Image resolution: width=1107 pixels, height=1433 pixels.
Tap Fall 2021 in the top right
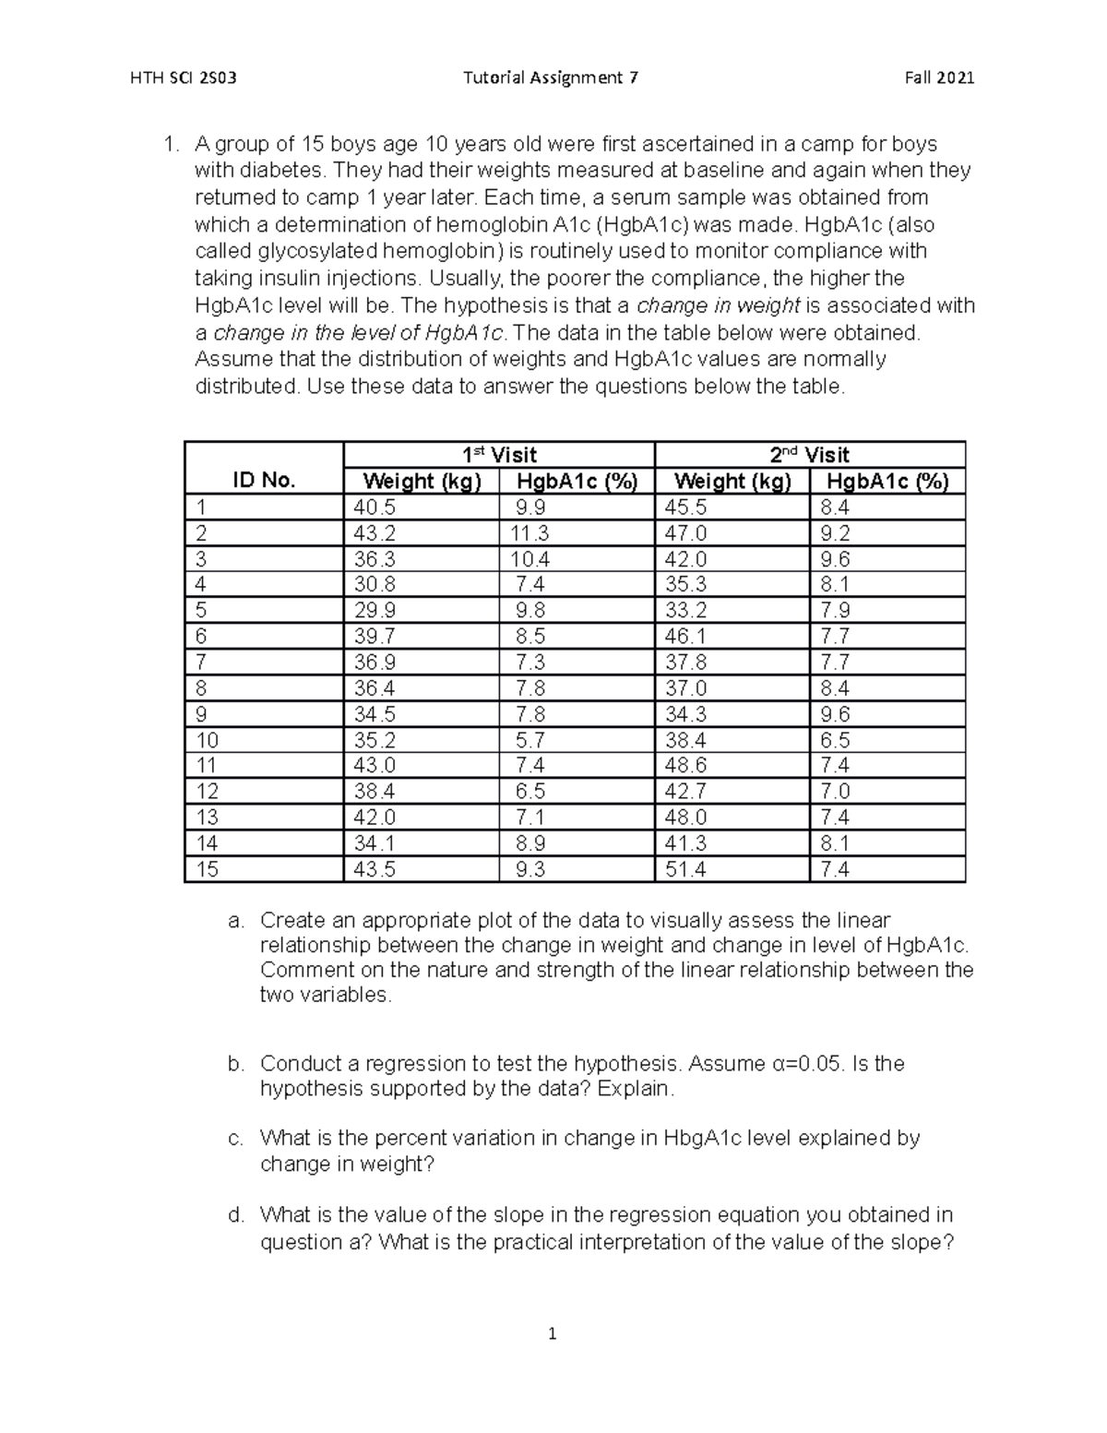[939, 78]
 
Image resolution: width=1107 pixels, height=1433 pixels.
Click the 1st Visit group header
[499, 455]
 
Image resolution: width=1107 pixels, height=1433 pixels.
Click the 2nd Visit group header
[809, 455]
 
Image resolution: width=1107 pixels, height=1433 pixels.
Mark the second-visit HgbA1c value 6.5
[834, 740]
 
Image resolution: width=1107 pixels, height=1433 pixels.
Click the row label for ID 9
[201, 714]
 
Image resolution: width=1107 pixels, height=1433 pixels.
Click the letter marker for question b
[235, 1064]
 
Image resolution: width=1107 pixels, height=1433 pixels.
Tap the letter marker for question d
[235, 1215]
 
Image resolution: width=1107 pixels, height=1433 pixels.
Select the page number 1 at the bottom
[553, 1334]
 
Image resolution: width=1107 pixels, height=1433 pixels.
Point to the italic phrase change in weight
[718, 305]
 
